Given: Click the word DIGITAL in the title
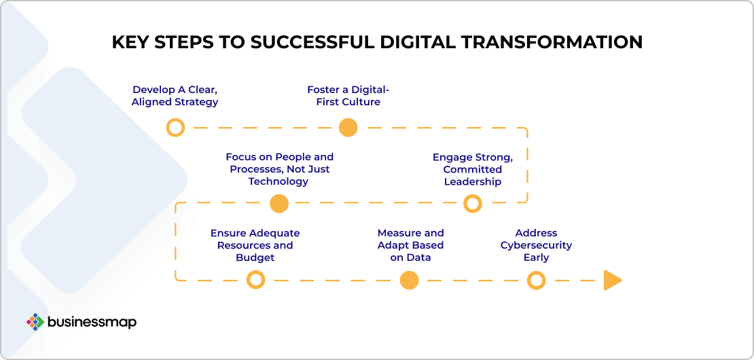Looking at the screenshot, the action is (420, 42).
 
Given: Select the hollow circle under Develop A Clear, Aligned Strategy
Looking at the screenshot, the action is (175, 128).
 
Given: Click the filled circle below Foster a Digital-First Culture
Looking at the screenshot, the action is (348, 128).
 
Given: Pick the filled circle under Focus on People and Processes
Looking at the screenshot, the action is (279, 204).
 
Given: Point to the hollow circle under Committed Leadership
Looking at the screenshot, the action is (473, 204).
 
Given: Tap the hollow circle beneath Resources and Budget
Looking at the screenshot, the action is (256, 280).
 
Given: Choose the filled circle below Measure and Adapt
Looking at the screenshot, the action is (409, 280).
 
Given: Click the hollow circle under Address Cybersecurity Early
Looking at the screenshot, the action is (536, 280).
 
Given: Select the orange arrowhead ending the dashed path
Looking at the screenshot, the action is (612, 281).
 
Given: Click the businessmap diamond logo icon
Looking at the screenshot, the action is (35, 322).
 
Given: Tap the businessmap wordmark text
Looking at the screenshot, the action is (92, 322).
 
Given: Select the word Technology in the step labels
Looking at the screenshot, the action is (279, 181).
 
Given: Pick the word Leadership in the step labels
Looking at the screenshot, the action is (473, 181).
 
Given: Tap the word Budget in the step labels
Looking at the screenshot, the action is (255, 257).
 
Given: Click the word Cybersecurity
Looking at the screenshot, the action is (536, 245).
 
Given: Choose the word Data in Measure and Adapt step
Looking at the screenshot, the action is (419, 257).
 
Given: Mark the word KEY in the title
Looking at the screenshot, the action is (128, 42).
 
